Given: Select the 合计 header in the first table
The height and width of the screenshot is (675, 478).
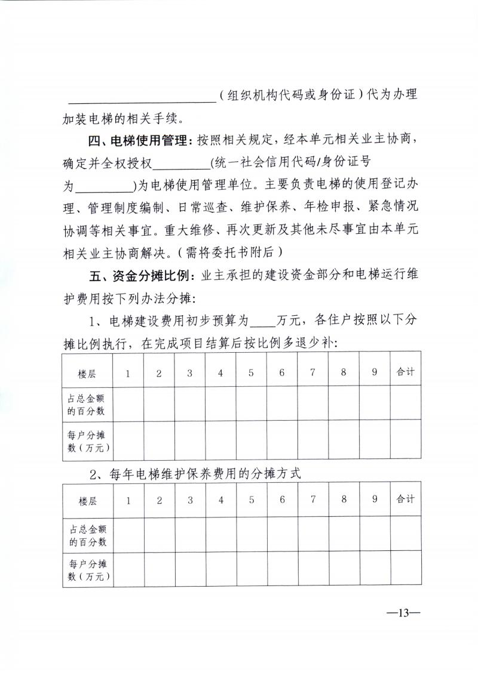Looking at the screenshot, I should click(x=405, y=372).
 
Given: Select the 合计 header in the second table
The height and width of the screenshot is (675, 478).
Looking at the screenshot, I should click(x=405, y=499).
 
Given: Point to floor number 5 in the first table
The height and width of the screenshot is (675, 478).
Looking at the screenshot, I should click(x=251, y=373).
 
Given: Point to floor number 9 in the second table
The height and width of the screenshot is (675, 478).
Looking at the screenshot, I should click(x=375, y=500).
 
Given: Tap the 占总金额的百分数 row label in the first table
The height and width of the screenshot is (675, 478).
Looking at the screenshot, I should click(x=87, y=403).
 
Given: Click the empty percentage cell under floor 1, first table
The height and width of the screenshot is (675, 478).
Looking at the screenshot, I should click(x=128, y=403).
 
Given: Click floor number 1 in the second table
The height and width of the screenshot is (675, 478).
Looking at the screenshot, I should click(x=128, y=500).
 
